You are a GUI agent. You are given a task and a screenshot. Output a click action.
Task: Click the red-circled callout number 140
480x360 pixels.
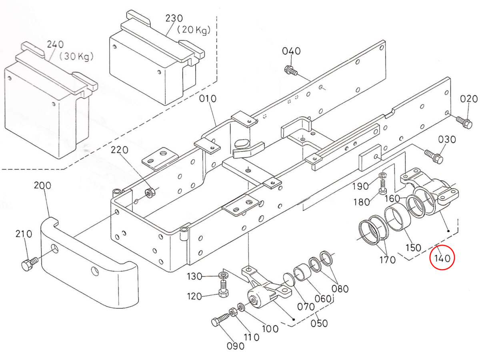click(442, 258)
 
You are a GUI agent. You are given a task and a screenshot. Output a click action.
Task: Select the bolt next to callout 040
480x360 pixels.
click(290, 71)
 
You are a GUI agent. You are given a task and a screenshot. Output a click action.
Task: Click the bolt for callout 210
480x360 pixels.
click(29, 264)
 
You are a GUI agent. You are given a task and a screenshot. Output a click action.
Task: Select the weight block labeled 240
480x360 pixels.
click(44, 108)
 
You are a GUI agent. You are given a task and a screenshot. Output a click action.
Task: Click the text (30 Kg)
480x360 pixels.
click(76, 56)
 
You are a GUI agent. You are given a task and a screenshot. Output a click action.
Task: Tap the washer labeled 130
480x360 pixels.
click(223, 276)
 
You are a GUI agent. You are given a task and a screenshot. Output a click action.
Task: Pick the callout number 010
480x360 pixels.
click(208, 98)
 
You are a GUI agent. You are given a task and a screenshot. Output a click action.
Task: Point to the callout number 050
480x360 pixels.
click(319, 323)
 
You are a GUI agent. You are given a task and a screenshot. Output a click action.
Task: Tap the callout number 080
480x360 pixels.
click(340, 288)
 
